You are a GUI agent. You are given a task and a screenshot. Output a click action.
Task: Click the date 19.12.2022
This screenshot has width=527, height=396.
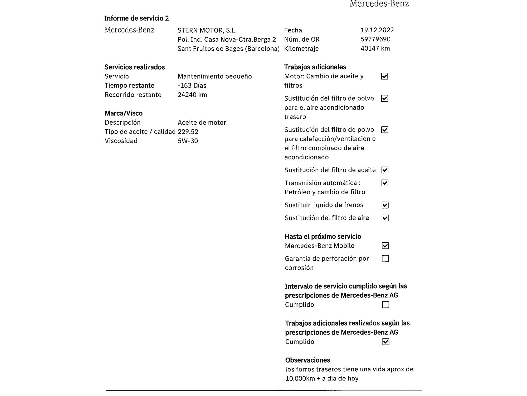pyautogui.click(x=377, y=30)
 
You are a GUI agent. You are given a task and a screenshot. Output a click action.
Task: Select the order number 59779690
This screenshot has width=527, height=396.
pyautogui.click(x=375, y=39)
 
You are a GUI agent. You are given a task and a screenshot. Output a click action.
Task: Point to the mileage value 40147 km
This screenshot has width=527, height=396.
pyautogui.click(x=375, y=49)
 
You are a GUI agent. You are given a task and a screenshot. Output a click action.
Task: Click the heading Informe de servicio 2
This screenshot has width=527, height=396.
pyautogui.click(x=136, y=18)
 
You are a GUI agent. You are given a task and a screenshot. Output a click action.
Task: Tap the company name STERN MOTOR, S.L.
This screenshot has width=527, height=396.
pyautogui.click(x=207, y=30)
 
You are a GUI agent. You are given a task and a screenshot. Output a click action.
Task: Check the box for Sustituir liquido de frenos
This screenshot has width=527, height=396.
pyautogui.click(x=385, y=205)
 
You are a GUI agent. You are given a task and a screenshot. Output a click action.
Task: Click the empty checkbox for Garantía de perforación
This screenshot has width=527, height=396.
pyautogui.click(x=385, y=259)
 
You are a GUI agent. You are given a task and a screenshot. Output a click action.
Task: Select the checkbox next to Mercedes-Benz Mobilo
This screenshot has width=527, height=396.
pyautogui.click(x=385, y=246)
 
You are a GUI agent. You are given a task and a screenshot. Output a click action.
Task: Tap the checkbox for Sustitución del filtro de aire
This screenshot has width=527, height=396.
pyautogui.click(x=385, y=218)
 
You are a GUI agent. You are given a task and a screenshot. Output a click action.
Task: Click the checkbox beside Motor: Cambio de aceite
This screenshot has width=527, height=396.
pyautogui.click(x=385, y=76)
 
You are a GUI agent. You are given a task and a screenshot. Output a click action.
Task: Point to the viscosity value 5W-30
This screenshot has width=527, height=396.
pyautogui.click(x=188, y=141)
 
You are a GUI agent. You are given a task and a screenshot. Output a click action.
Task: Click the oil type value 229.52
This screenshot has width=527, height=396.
pyautogui.click(x=188, y=132)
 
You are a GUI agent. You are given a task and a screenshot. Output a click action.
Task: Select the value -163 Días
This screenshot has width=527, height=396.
pyautogui.click(x=192, y=86)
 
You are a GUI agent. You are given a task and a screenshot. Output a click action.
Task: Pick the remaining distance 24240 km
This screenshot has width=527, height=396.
pyautogui.click(x=192, y=95)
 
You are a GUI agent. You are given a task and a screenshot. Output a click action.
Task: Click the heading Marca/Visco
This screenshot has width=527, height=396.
pyautogui.click(x=124, y=113)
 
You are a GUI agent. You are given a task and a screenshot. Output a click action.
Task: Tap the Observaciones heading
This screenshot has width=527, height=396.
pyautogui.click(x=308, y=360)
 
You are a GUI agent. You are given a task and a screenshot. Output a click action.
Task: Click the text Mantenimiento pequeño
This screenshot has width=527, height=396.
pyautogui.click(x=215, y=76)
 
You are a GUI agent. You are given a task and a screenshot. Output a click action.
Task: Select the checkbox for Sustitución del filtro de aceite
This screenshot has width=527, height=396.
pyautogui.click(x=385, y=170)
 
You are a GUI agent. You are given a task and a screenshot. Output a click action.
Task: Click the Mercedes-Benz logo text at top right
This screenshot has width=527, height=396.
pyautogui.click(x=379, y=4)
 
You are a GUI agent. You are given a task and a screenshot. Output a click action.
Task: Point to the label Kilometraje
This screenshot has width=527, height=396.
pyautogui.click(x=301, y=49)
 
